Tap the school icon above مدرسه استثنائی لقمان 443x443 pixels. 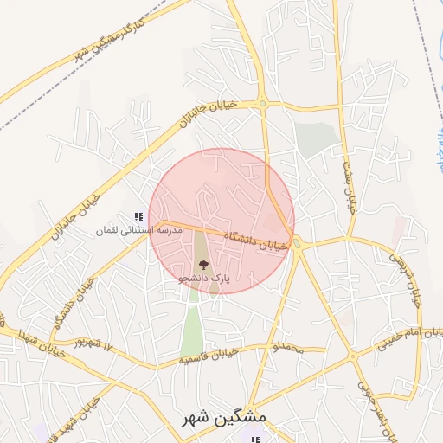point(138,216)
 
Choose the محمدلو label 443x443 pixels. point(287,347)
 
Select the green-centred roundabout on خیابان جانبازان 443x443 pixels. point(263,104)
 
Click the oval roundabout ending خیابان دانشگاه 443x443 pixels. point(297,244)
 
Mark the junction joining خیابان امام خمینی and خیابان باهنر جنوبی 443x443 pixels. point(353,356)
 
